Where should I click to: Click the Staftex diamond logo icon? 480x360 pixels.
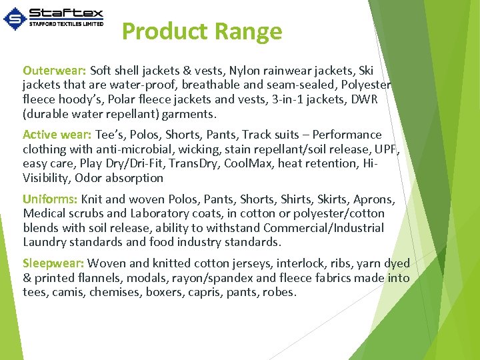click(x=15, y=18)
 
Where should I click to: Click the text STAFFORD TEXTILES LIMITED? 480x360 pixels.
click(x=66, y=24)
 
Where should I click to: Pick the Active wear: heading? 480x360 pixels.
click(x=57, y=135)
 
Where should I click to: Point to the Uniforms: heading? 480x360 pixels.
click(x=50, y=199)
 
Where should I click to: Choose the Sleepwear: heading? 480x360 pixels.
click(x=53, y=263)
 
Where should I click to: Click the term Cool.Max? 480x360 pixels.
click(x=251, y=164)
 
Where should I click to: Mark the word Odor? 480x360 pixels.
click(x=88, y=178)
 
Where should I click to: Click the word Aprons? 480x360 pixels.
click(x=375, y=199)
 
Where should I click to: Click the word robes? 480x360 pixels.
click(x=279, y=293)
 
